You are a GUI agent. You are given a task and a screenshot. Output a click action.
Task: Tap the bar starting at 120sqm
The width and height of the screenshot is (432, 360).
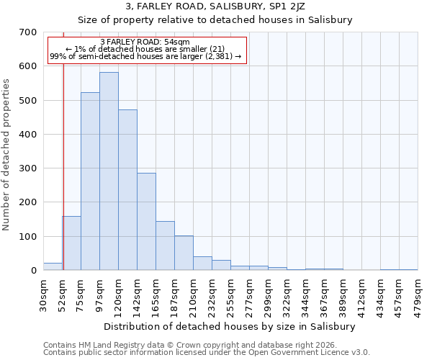point(127,190)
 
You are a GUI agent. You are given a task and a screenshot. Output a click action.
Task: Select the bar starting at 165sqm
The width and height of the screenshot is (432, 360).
point(165,246)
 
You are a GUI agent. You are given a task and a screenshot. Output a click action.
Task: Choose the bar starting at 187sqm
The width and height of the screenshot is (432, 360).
point(184,253)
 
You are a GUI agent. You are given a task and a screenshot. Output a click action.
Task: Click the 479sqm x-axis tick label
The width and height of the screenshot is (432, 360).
point(418,294)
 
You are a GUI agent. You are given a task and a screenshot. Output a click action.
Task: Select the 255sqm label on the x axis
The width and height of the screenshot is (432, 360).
point(231,294)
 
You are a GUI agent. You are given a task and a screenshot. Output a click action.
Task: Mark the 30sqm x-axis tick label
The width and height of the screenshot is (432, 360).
point(44,293)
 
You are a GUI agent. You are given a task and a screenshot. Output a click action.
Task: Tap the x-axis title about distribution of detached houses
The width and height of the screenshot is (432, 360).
point(230,326)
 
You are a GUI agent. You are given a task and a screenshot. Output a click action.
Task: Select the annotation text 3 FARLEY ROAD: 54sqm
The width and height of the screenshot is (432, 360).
point(145,42)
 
